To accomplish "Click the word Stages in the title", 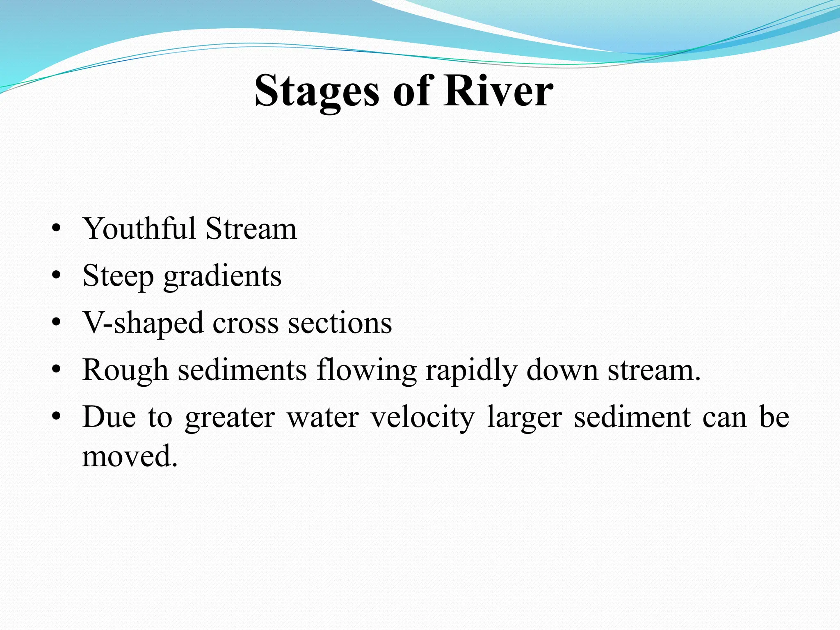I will (316, 91).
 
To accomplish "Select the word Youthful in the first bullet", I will (139, 228).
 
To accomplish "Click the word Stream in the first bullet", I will (251, 228).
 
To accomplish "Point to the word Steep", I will (118, 276).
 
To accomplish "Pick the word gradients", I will (222, 276).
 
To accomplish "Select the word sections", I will (340, 324).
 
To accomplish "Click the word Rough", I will (125, 370).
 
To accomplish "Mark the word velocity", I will (422, 418).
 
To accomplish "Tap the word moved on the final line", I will (130, 456).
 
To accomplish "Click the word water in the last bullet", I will (323, 418).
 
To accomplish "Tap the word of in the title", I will (411, 91).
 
